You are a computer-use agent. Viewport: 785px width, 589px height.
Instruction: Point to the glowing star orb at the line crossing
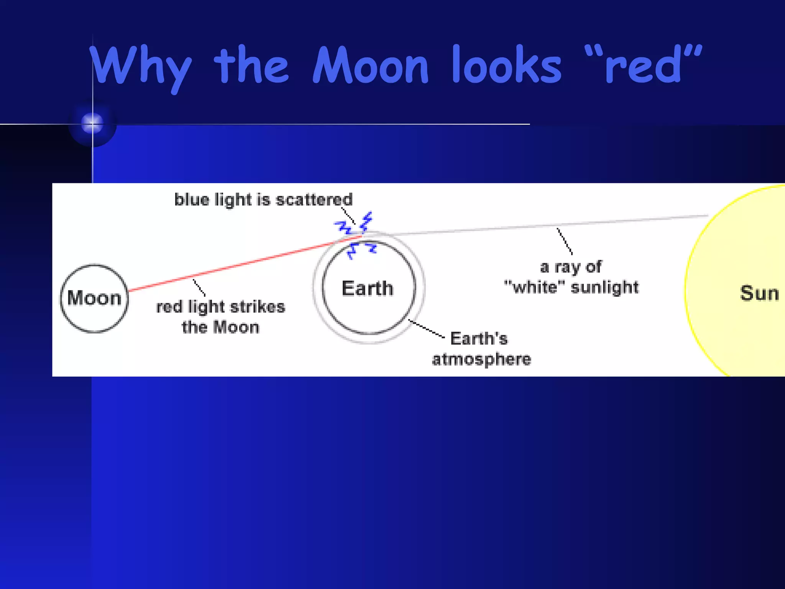92,123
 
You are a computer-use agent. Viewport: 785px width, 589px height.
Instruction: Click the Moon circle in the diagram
94,298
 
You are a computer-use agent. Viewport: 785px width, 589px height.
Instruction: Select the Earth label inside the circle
367,288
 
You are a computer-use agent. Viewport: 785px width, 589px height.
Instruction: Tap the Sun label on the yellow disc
759,293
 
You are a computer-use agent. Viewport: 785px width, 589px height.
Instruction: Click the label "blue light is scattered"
263,200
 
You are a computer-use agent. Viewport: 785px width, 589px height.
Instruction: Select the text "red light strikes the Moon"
221,317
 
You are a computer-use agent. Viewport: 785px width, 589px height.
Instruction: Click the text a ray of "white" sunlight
571,277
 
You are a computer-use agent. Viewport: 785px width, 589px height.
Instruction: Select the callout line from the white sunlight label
565,241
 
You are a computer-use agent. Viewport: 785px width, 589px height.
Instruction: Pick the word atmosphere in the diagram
481,359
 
